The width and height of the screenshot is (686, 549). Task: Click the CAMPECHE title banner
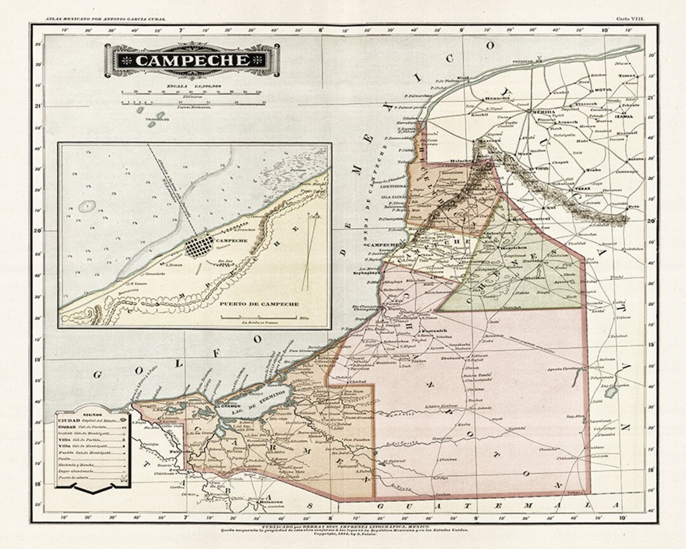(x=192, y=60)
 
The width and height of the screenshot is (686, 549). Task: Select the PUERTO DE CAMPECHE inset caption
(x=259, y=304)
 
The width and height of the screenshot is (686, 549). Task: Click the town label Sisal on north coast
(x=462, y=78)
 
